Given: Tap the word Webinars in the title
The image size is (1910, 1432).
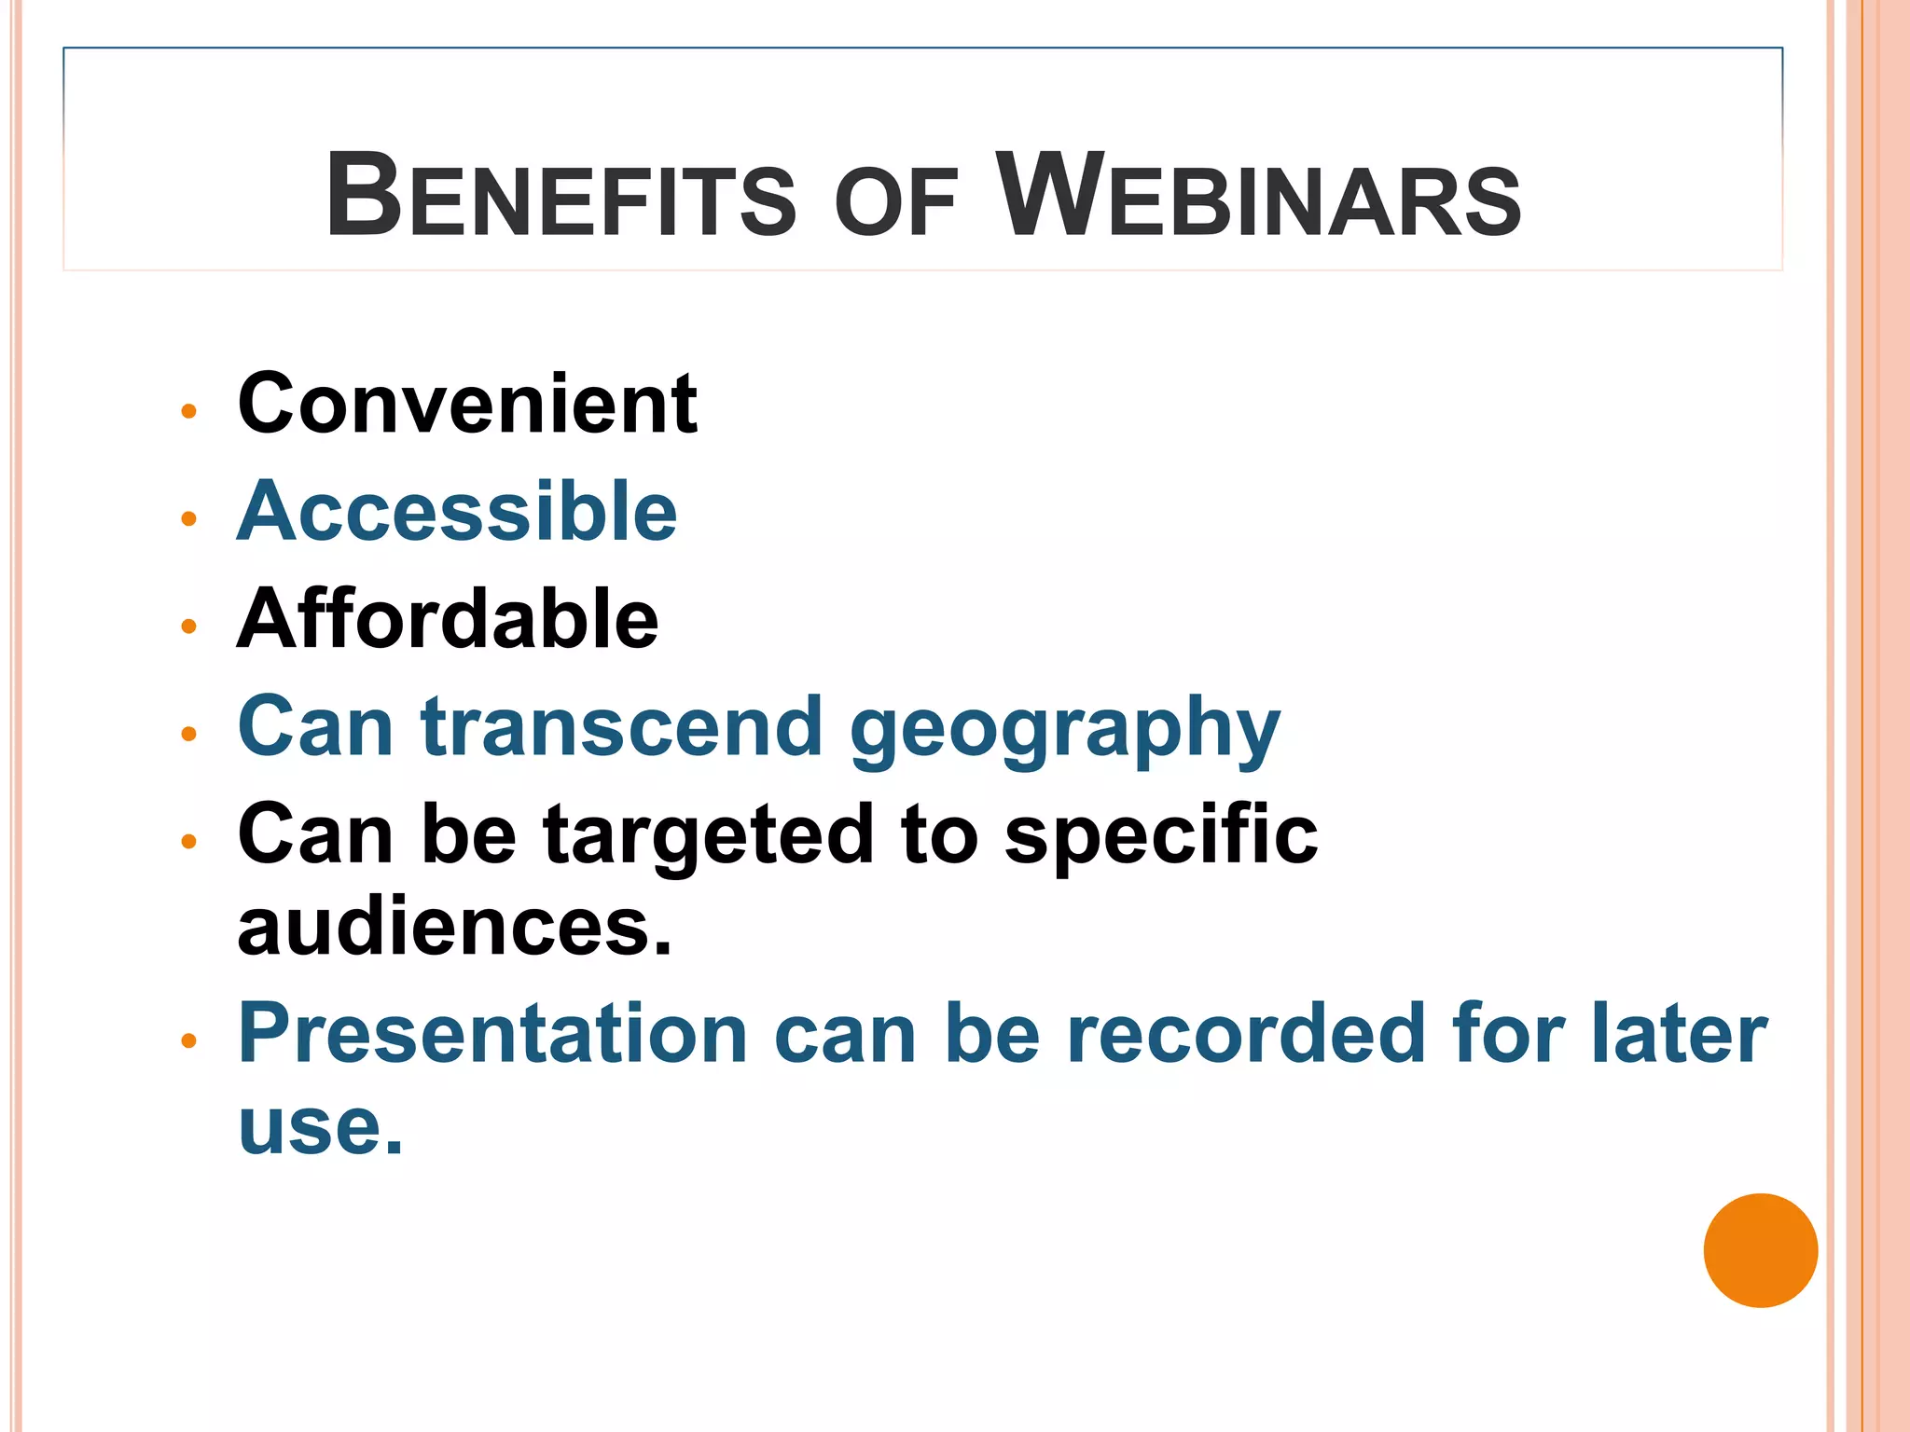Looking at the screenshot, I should [1258, 196].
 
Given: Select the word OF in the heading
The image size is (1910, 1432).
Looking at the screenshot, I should [896, 201].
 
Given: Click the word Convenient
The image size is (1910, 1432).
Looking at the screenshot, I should [467, 404].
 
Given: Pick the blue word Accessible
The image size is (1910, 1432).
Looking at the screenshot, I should [457, 512].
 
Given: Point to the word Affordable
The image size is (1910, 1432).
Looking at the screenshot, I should [448, 619].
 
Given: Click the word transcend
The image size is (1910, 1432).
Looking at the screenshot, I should [622, 727].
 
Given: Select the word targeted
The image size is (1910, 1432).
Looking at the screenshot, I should [709, 836].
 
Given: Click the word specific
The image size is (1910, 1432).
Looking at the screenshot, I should [1161, 836].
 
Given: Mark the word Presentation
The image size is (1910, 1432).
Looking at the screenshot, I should [493, 1034].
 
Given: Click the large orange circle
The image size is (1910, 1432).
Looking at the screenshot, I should [1760, 1250].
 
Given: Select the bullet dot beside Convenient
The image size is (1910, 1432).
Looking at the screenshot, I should [189, 411].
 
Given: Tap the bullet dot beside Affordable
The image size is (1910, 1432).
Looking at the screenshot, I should [189, 626].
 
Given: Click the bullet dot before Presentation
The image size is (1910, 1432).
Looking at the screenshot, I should [189, 1041].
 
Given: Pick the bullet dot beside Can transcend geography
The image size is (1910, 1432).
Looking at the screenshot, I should [189, 735].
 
